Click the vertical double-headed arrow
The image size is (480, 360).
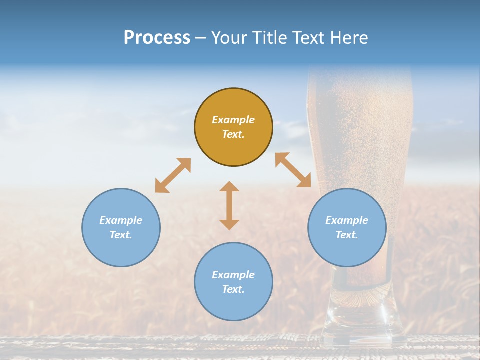pyautogui.click(x=229, y=205)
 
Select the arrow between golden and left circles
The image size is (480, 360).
pyautogui.click(x=173, y=175)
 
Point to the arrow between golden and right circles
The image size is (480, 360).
pyautogui.click(x=293, y=170)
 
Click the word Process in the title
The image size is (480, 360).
pyautogui.click(x=157, y=37)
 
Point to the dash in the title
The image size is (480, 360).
pyautogui.click(x=201, y=38)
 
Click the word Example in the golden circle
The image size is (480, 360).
pyautogui.click(x=233, y=120)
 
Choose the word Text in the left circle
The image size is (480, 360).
pyautogui.click(x=121, y=235)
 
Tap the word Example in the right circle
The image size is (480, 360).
pyautogui.click(x=347, y=220)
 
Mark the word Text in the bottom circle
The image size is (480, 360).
pyautogui.click(x=233, y=289)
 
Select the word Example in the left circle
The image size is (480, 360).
pyautogui.click(x=121, y=220)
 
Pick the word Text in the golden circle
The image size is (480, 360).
pyautogui.click(x=233, y=134)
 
